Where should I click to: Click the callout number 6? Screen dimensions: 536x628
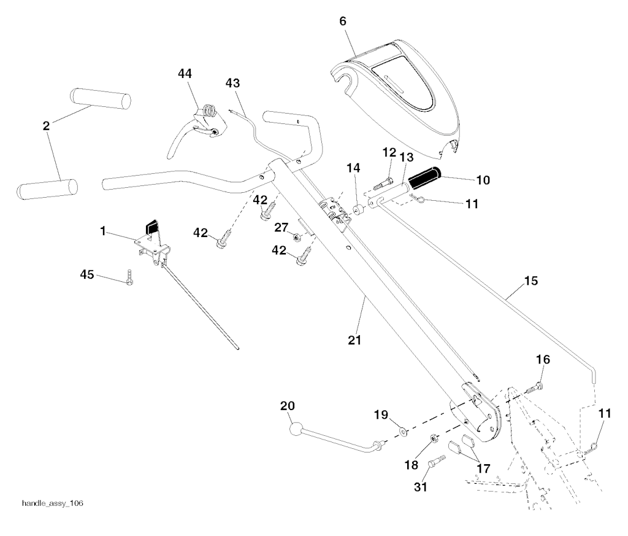(x=343, y=21)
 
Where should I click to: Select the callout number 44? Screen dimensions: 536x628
(x=185, y=73)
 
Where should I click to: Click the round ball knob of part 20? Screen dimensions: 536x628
(x=297, y=429)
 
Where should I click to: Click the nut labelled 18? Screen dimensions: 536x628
(x=432, y=438)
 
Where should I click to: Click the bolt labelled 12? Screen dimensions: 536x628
(x=384, y=181)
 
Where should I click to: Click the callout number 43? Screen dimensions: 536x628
(x=233, y=82)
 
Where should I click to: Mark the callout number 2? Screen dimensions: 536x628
(x=46, y=126)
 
